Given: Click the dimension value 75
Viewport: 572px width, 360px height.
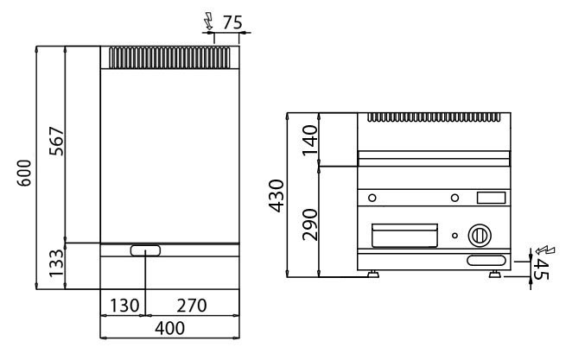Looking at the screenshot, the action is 232,22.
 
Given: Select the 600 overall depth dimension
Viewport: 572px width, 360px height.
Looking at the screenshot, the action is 24,173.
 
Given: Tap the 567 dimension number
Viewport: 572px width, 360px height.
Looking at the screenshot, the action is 56,141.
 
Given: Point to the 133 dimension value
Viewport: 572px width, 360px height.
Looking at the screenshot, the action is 56,263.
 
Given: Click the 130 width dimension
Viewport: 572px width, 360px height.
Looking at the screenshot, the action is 124,306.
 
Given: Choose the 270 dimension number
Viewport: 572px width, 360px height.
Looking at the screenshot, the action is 192,306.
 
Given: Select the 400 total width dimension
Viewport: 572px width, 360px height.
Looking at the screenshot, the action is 169,328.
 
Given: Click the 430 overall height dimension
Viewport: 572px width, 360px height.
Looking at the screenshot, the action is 276,196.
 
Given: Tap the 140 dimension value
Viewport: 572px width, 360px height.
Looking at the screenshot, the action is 310,140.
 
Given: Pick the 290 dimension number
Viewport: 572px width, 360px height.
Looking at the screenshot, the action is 310,224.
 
